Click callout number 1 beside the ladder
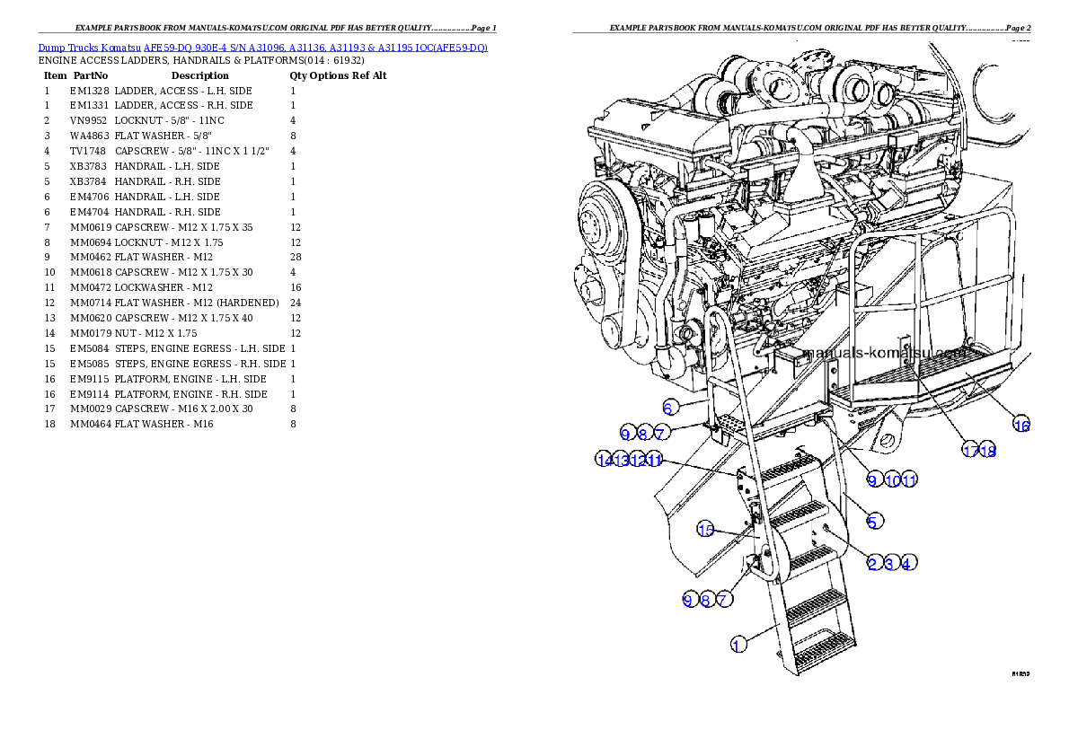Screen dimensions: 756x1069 pyautogui.click(x=738, y=644)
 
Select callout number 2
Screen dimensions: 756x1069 pyautogui.click(x=872, y=563)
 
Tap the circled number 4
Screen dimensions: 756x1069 pyautogui.click(x=907, y=563)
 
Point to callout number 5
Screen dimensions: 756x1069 pyautogui.click(x=873, y=520)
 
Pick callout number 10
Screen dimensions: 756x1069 pyautogui.click(x=892, y=480)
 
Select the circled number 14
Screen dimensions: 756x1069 pyautogui.click(x=605, y=460)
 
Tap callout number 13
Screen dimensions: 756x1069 pyautogui.click(x=622, y=460)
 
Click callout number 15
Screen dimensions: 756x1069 pyautogui.click(x=706, y=530)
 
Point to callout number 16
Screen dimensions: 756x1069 pyautogui.click(x=1021, y=425)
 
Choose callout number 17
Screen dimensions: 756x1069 pyautogui.click(x=970, y=451)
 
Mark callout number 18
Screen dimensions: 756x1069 pyautogui.click(x=988, y=451)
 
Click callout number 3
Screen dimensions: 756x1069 pyautogui.click(x=889, y=563)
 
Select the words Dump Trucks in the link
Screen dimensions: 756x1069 pyautogui.click(x=66, y=47)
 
